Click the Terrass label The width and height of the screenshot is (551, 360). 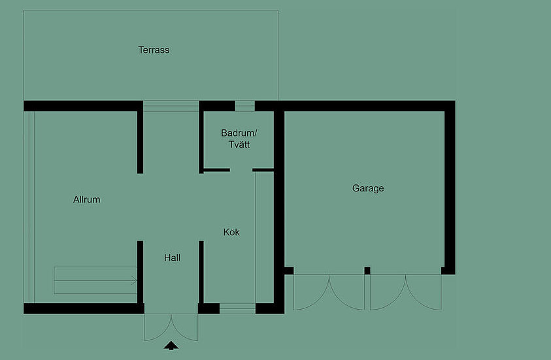coord(154,50)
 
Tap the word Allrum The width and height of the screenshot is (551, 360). coord(86,199)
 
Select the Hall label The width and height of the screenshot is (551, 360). coord(172,258)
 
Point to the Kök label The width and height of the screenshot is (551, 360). coord(231,232)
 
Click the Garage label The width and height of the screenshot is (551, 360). coord(368,189)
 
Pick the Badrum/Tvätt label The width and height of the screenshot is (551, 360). coord(239,139)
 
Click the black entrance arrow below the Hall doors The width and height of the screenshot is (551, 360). coord(171,346)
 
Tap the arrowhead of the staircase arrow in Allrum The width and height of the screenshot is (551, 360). coord(134,280)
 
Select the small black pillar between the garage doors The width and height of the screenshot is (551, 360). coord(367,270)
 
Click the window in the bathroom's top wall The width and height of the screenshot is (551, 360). coord(244,106)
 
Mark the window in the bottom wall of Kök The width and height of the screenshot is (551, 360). coord(237,308)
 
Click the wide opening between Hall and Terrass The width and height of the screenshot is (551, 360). coord(171,106)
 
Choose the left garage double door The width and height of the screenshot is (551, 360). coord(329,292)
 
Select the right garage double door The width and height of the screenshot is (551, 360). coord(406,292)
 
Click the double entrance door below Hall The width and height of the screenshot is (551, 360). coord(171,327)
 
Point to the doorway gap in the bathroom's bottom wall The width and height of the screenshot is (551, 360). coord(241,170)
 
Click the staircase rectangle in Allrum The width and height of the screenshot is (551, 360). coord(95,280)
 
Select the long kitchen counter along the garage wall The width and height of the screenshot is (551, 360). coord(264,237)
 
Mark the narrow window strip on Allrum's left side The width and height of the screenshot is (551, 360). coord(29,207)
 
